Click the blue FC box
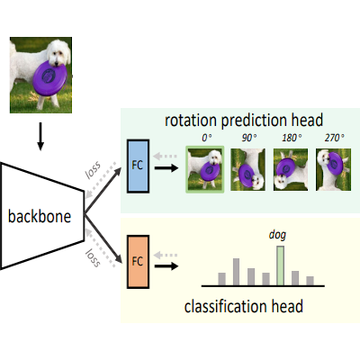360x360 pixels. pos(138,166)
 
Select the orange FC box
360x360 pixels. pos(138,262)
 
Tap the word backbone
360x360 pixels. pos(40,216)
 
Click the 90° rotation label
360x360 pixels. pos(249,138)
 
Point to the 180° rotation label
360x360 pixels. pos(292,138)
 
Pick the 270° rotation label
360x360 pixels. pos(334,138)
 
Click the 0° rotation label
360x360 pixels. pos(207,138)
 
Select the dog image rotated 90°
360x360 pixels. pos(247,170)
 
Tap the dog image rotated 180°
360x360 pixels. pos(291,170)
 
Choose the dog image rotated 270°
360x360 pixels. pos(333,170)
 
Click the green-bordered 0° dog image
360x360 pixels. pos(205,169)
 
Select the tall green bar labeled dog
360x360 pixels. pos(280,265)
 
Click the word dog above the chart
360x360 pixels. pos(277,235)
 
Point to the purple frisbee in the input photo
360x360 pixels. pos(49,78)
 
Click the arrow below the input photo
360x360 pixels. pos(40,136)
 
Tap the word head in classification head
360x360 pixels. pos(287,306)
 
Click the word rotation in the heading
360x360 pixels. pos(191,121)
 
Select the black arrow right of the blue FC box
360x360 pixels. pos(166,167)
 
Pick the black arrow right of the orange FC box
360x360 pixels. pos(166,266)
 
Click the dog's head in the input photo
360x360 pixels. pos(58,53)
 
